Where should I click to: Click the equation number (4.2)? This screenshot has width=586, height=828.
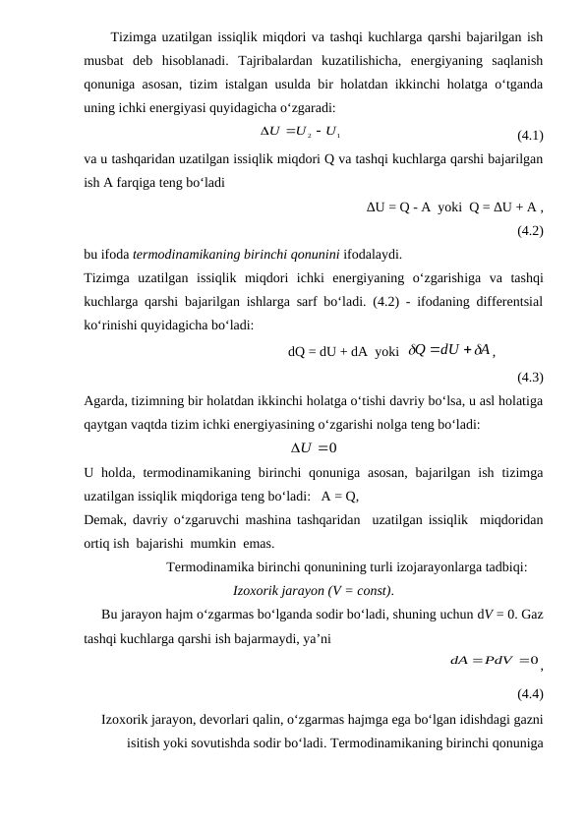(x=531, y=233)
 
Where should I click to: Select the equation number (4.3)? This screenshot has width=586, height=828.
(x=531, y=377)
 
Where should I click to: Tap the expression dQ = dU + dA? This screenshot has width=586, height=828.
(x=327, y=351)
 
